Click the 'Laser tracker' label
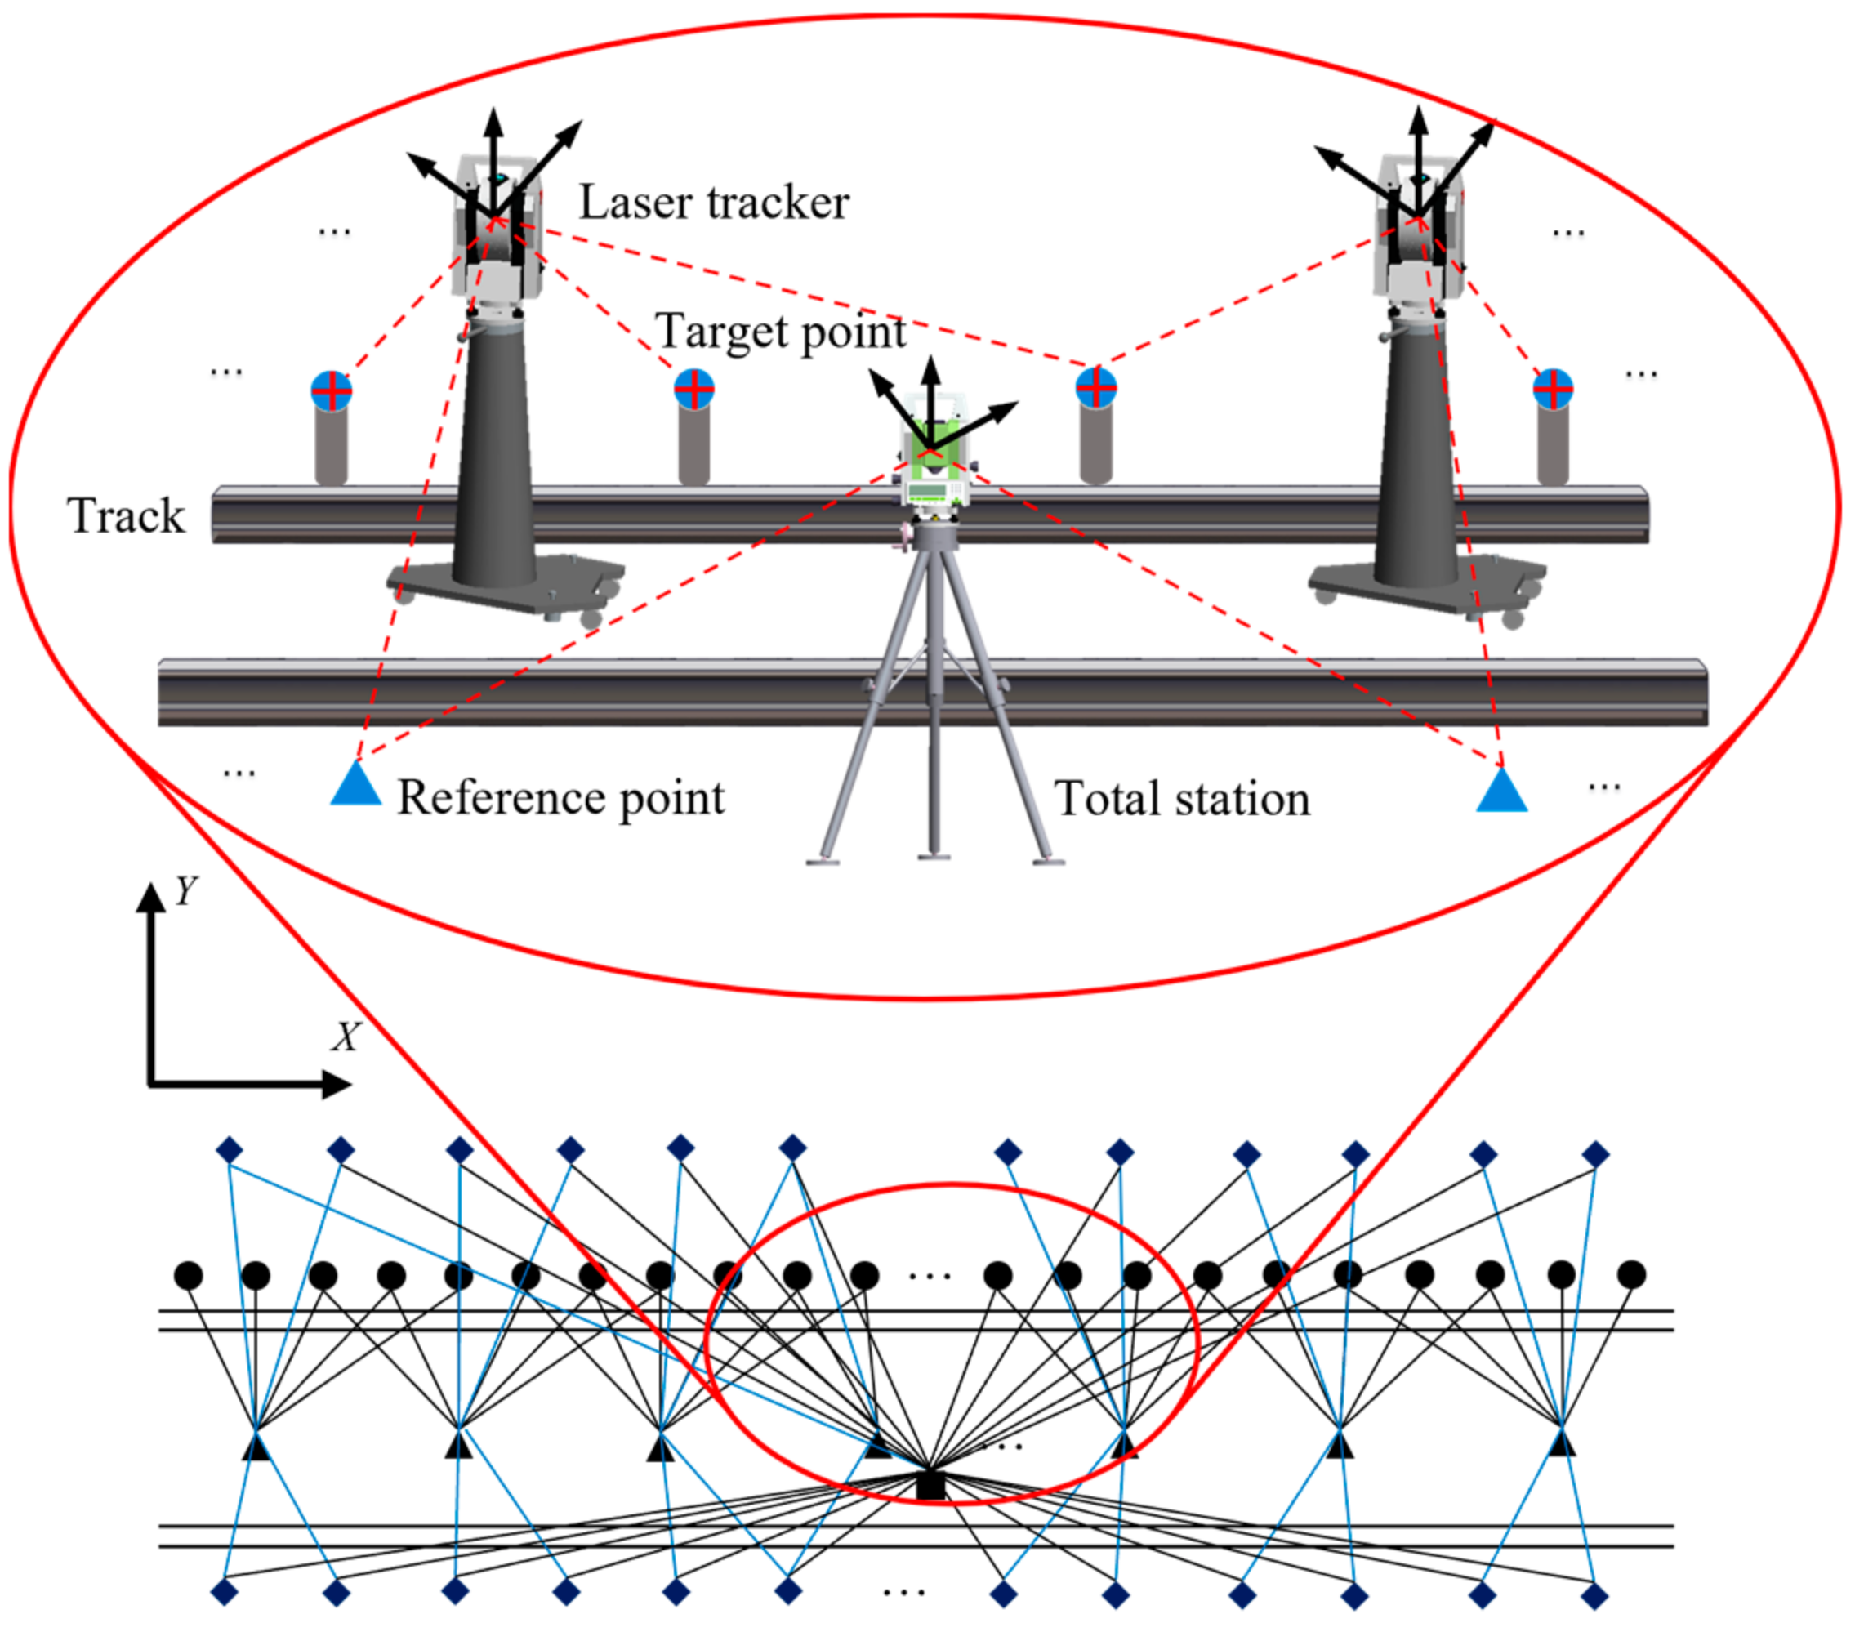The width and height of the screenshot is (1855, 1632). (714, 203)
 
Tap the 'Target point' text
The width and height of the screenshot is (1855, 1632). (781, 332)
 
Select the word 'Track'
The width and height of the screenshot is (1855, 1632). (126, 515)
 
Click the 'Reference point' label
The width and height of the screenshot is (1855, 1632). (561, 799)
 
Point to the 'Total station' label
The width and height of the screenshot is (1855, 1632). (1182, 800)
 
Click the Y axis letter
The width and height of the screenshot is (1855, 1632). (185, 891)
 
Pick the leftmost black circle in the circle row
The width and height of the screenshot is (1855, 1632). (188, 1275)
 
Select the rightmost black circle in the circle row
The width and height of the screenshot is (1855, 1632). (1631, 1274)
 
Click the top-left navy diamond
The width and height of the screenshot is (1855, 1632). (230, 1151)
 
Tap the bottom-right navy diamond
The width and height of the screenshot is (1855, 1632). (1594, 1596)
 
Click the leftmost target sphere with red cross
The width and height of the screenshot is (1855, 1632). (332, 391)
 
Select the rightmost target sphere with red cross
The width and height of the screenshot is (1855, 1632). (1553, 390)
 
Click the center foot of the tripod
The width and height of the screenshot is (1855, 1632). (934, 855)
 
